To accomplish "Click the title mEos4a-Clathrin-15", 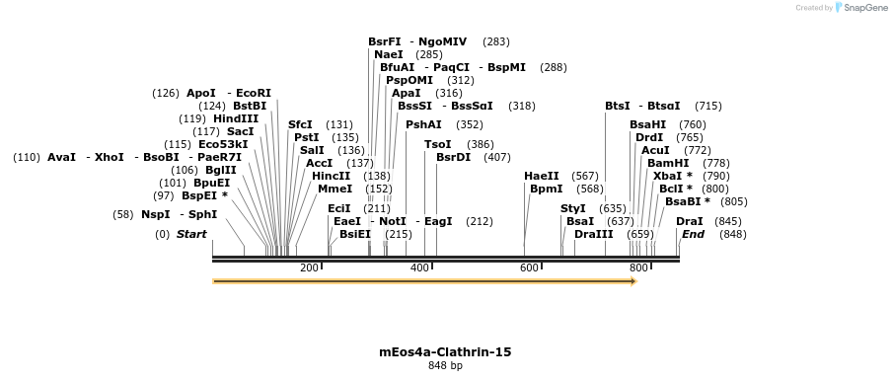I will [445, 351].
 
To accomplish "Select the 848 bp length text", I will [445, 366].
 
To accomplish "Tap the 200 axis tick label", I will [309, 268].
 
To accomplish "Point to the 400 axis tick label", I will [419, 268].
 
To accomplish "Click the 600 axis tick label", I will [529, 268].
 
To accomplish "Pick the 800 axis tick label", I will [638, 268].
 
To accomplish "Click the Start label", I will [191, 235].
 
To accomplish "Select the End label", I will [693, 235].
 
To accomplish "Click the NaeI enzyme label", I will [388, 55].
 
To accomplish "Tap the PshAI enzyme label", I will [423, 125].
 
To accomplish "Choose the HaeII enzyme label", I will [542, 177].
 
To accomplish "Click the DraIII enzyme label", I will [593, 235].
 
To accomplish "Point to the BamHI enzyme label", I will [668, 164].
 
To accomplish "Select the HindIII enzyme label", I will [236, 119].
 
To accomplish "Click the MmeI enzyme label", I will [334, 189].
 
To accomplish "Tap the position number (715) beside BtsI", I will [707, 107].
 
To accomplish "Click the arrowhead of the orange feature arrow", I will [633, 281].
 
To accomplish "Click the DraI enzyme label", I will [689, 222].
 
